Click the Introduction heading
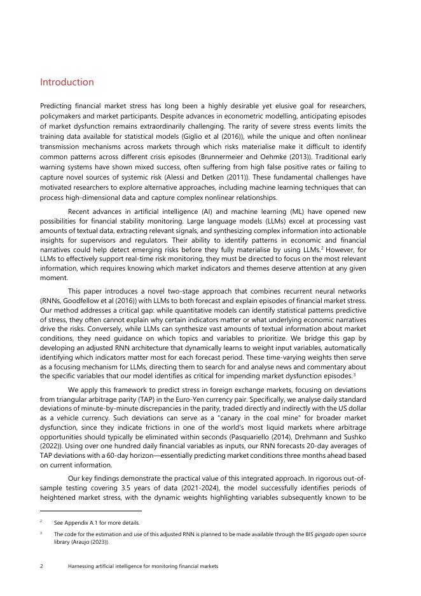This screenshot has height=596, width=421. point(67,82)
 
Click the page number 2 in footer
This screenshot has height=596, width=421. point(41,565)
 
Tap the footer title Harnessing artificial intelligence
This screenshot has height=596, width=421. point(142,565)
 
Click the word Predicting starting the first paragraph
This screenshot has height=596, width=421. point(56,105)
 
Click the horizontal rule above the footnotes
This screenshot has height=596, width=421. point(90,511)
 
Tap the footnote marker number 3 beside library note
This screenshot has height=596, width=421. point(41,534)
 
